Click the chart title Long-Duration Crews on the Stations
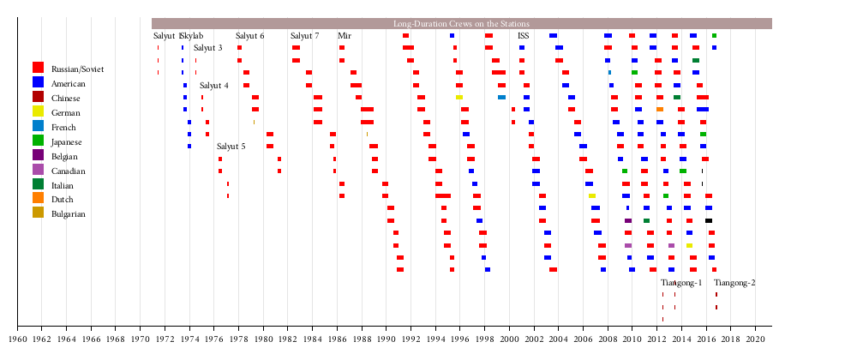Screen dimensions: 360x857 pos(461,24)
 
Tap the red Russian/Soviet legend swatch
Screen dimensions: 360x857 pos(38,68)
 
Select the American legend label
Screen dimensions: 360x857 pos(69,84)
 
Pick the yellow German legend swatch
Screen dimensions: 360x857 pos(38,111)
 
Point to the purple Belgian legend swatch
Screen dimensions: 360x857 pos(38,155)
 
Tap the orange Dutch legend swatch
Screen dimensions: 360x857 pos(38,199)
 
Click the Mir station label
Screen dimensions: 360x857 pos(344,36)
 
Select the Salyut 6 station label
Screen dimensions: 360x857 pos(249,36)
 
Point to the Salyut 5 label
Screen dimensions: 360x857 pos(231,147)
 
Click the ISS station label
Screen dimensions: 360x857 pos(523,36)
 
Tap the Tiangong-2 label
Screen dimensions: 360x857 pos(734,283)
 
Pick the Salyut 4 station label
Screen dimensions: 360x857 pos(214,86)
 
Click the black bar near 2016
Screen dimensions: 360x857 pos(709,221)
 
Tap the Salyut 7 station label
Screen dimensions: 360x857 pos(304,36)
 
